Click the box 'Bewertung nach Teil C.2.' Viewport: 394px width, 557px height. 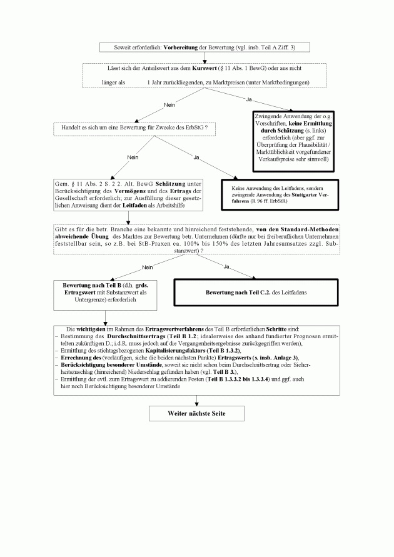(x=258, y=293)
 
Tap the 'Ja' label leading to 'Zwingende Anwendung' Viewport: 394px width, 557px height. (x=248, y=99)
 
